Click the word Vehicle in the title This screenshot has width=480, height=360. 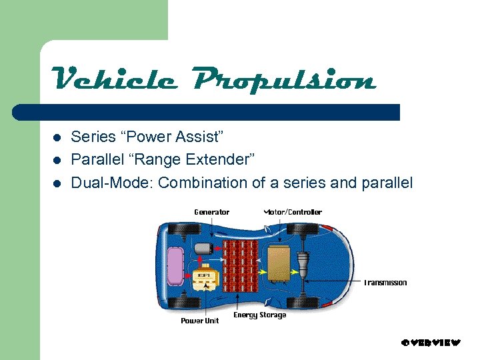114,81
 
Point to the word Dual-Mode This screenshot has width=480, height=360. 112,183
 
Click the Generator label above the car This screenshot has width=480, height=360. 211,212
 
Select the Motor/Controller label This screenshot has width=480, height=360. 293,212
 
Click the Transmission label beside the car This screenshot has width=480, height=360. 385,283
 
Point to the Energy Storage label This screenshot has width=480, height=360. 259,315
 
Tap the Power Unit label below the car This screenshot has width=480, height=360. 200,321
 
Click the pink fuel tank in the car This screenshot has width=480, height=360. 175,264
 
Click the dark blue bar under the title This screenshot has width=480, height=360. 207,112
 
